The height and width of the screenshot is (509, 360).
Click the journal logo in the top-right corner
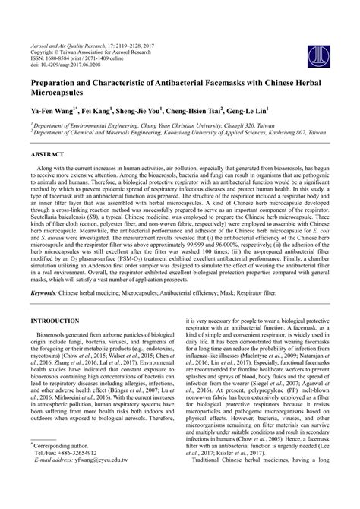pyautogui.click(x=318, y=31)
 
